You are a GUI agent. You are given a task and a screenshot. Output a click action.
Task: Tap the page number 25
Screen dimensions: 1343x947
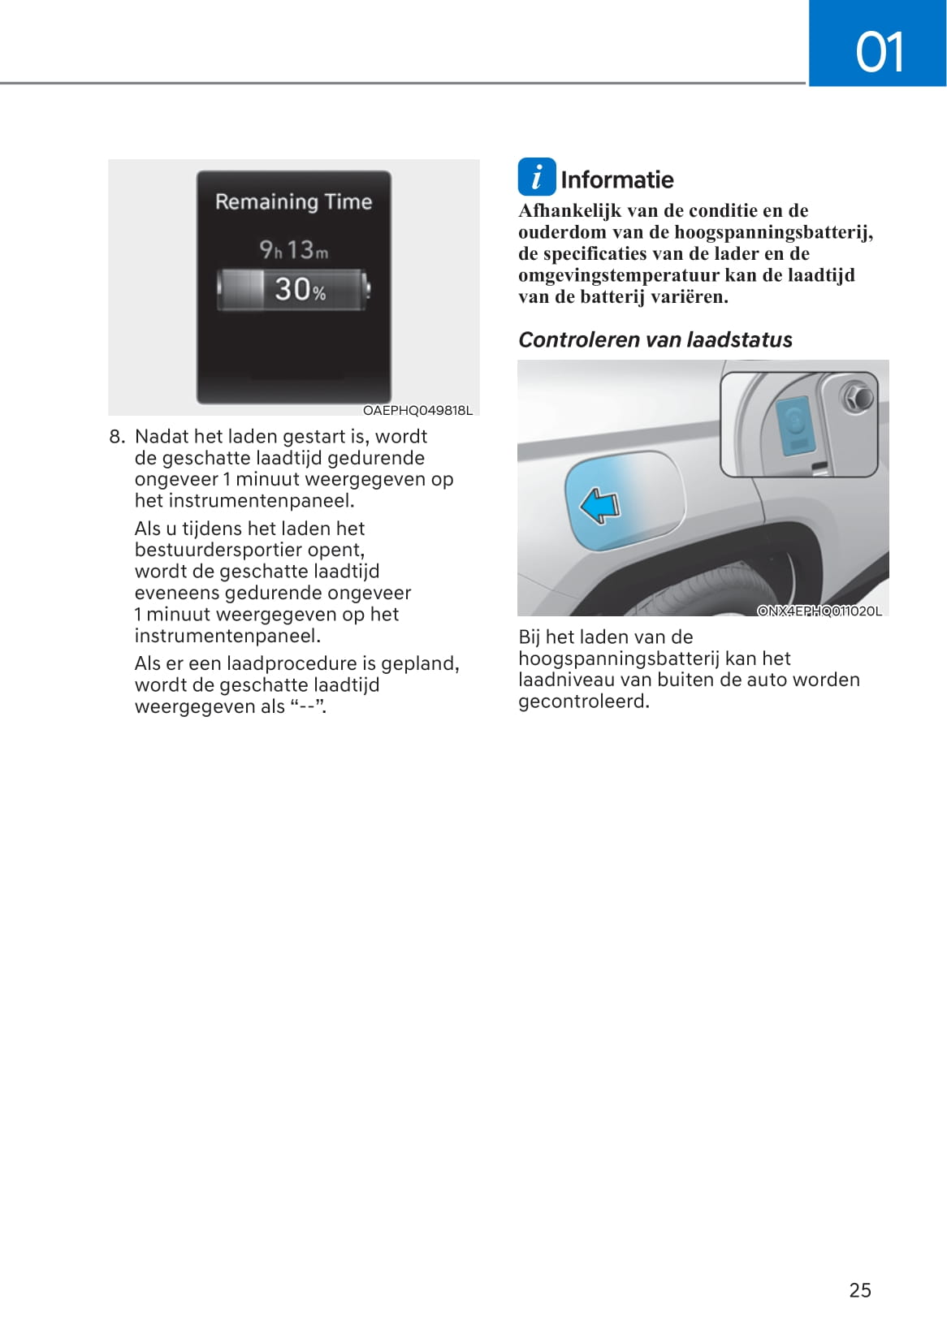[x=859, y=1290]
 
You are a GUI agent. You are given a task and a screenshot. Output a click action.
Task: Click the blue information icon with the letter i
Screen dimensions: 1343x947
[x=537, y=177]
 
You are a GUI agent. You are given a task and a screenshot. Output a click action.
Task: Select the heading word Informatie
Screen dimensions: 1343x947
[x=616, y=179]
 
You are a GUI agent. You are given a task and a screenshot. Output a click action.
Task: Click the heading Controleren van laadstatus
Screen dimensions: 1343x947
[x=655, y=339]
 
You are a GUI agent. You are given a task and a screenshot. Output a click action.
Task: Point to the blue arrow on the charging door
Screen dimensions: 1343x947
[x=599, y=505]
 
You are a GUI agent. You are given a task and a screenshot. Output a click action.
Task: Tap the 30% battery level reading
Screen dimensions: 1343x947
[x=300, y=289]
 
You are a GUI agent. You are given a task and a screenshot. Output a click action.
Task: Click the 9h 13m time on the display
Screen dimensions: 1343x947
[x=293, y=250]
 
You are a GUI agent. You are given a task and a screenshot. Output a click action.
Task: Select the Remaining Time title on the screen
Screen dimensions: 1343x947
[x=293, y=201]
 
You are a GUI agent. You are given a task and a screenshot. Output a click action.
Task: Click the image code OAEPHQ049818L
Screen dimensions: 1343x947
[x=417, y=410]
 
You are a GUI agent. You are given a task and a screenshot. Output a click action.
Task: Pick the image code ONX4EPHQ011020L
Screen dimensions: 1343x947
[x=819, y=611]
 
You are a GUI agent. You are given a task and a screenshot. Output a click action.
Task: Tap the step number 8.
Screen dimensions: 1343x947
[x=117, y=437]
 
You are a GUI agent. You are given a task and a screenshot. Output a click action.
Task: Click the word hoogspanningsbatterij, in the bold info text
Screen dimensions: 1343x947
[x=774, y=232]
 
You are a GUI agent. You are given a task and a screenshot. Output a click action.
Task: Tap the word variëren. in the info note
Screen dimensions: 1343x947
[x=690, y=296]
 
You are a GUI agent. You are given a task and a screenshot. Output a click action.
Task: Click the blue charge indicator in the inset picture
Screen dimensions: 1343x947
[x=793, y=425]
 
